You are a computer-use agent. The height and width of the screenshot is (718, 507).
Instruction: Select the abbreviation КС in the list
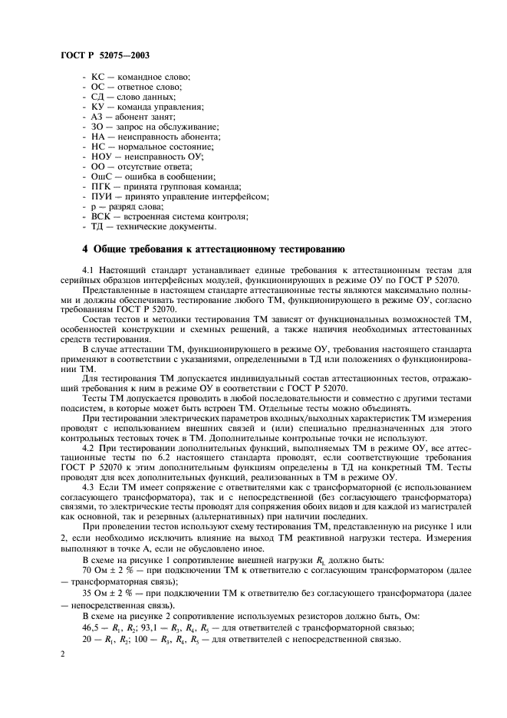97,78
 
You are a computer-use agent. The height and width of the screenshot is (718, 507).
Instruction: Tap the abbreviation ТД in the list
97,229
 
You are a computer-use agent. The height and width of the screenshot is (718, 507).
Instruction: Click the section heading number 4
85,250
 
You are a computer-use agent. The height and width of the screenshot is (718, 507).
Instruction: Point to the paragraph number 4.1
88,271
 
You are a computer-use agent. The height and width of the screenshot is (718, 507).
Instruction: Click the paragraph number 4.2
88,446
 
